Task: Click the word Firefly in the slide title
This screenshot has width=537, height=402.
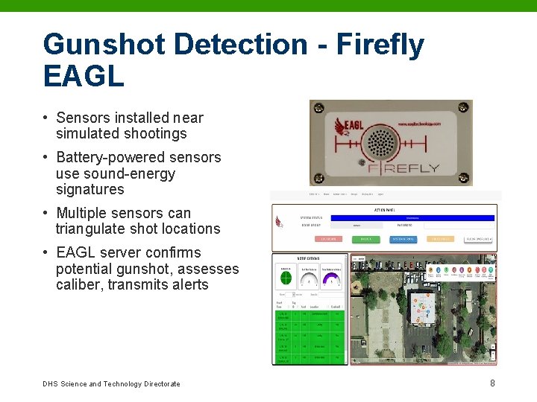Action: point(380,45)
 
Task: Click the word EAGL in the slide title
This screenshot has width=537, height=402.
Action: point(84,76)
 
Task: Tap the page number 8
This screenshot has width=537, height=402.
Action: point(492,383)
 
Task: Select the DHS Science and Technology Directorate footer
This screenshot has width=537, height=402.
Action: point(111,384)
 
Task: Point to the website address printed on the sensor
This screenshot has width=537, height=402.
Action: point(419,124)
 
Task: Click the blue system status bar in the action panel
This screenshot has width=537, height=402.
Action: point(412,217)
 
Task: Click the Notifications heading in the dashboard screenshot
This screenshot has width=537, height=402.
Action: point(308,258)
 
